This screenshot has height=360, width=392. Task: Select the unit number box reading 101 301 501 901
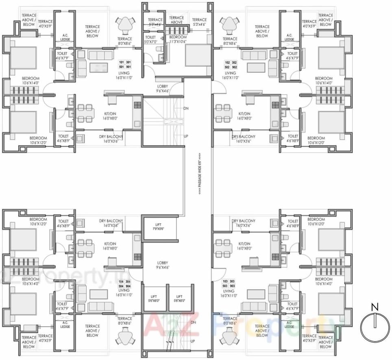click(x=125, y=65)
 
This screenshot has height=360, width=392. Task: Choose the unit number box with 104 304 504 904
click(x=125, y=284)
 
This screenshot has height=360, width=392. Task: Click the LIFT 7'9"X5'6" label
click(x=159, y=227)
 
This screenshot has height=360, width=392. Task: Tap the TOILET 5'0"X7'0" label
click(x=150, y=39)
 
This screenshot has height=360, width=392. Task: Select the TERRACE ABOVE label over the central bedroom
click(x=176, y=20)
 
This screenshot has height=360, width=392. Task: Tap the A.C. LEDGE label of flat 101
click(x=65, y=37)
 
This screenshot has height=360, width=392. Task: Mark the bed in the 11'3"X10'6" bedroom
click(x=198, y=55)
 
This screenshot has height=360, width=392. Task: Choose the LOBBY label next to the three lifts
click(x=162, y=265)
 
